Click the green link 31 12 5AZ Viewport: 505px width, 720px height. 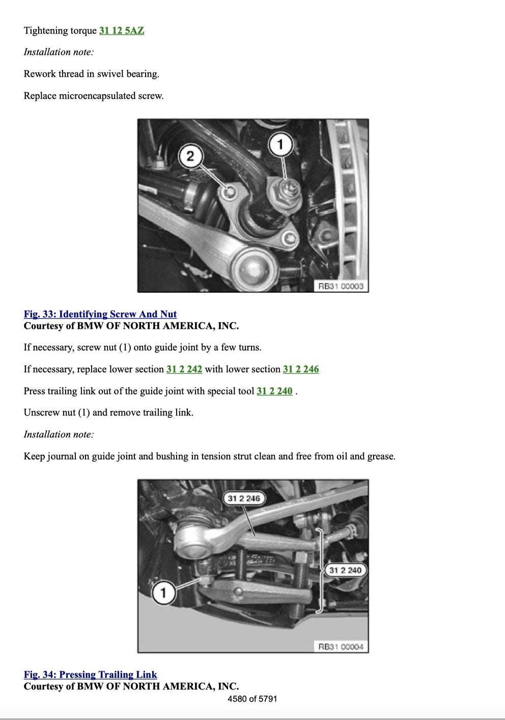[x=122, y=31]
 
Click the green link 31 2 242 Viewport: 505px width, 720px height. [x=184, y=369]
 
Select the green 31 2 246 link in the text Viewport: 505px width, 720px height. [x=301, y=369]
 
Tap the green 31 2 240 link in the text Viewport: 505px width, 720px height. [x=274, y=391]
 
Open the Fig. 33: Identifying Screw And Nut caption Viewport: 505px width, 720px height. [x=100, y=314]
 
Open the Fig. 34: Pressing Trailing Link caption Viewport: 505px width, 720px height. [x=90, y=674]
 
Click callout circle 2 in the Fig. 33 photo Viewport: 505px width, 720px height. [x=190, y=156]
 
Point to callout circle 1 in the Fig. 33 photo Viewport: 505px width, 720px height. [x=280, y=144]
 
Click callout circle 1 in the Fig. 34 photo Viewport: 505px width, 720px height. [x=163, y=592]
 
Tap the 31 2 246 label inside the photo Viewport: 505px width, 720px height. [x=244, y=499]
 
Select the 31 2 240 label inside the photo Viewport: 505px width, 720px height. [x=346, y=570]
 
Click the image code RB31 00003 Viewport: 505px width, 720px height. [x=341, y=286]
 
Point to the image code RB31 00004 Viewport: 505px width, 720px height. [x=341, y=646]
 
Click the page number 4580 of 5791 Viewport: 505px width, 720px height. [x=252, y=699]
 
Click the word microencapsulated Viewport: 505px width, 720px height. [x=97, y=96]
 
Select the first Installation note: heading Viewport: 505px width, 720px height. [x=59, y=52]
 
